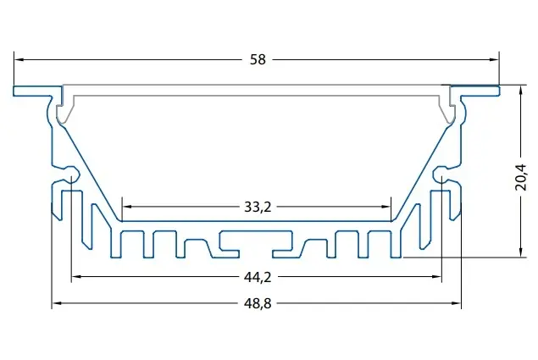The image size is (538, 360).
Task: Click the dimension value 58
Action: click(258, 59)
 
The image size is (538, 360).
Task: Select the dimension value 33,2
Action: click(258, 207)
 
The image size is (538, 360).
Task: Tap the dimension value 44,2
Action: click(258, 277)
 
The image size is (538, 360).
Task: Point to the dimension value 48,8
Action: click(258, 304)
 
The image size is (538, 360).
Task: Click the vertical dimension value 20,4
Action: click(521, 177)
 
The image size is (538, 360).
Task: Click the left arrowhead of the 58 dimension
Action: click(19, 59)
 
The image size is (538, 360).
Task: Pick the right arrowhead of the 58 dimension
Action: click(495, 59)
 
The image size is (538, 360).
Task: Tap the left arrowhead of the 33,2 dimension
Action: click(127, 207)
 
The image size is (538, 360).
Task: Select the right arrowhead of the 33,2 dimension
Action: click(386, 207)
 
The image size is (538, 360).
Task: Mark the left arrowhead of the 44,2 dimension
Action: click(75, 277)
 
